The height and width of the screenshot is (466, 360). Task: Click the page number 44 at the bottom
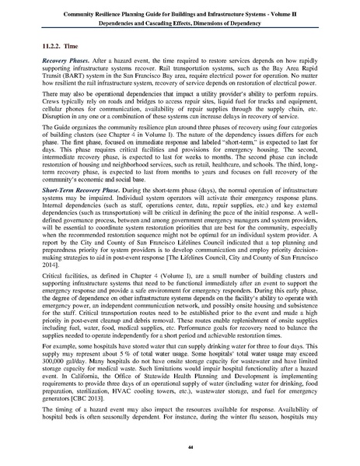coord(179,444)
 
